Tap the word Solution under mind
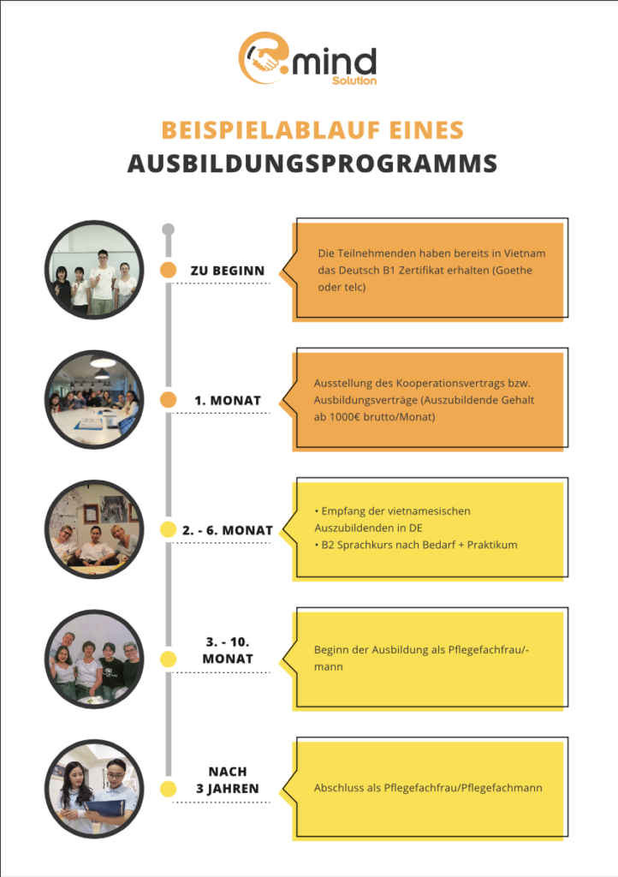tap(354, 81)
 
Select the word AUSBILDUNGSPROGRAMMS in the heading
tap(312, 163)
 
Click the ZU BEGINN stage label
tap(227, 271)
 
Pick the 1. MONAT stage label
tap(227, 400)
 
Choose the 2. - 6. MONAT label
tap(228, 530)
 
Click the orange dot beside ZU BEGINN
tap(169, 271)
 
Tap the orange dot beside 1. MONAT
tap(169, 400)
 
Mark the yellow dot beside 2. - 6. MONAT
tap(169, 530)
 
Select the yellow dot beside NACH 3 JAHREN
tap(169, 788)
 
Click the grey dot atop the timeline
tap(169, 229)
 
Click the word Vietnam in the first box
tap(525, 254)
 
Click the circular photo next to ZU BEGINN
tap(94, 271)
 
